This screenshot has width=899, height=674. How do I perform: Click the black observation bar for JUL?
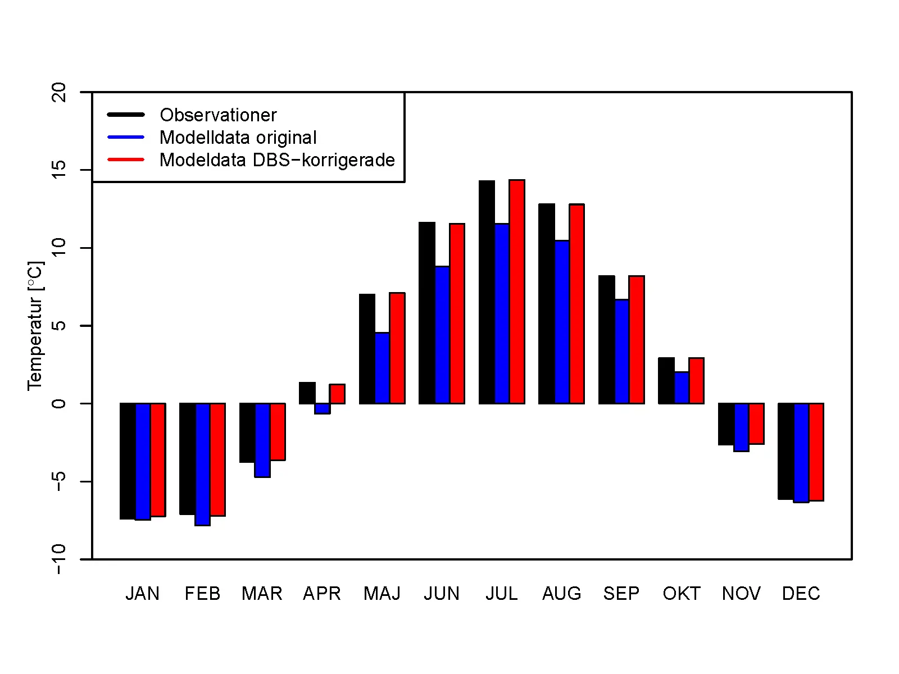pyautogui.click(x=487, y=292)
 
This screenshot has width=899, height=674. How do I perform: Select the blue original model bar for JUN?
pyautogui.click(x=442, y=335)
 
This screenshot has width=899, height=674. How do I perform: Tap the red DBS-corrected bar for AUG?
pyautogui.click(x=576, y=304)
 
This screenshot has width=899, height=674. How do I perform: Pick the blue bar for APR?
pyautogui.click(x=323, y=409)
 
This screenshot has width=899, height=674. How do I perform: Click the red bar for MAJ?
pyautogui.click(x=397, y=348)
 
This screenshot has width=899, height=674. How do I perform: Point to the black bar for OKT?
pyautogui.click(x=666, y=381)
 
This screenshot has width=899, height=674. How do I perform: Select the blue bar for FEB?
pyautogui.click(x=202, y=464)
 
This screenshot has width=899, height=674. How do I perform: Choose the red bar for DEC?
pyautogui.click(x=816, y=452)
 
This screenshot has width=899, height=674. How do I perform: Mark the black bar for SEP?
pyautogui.click(x=606, y=340)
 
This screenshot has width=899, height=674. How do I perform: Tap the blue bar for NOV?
pyautogui.click(x=741, y=427)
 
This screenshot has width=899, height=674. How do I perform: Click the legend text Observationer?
pyautogui.click(x=218, y=115)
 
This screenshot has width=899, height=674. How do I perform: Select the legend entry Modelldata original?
pyautogui.click(x=238, y=138)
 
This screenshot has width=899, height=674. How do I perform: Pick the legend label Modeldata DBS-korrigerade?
pyautogui.click(x=277, y=160)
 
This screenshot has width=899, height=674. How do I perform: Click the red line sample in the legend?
pyautogui.click(x=126, y=160)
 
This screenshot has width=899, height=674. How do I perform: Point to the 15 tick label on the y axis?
pyautogui.click(x=58, y=170)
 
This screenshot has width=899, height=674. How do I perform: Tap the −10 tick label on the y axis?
pyautogui.click(x=58, y=559)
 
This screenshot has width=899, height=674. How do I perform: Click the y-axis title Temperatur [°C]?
pyautogui.click(x=35, y=326)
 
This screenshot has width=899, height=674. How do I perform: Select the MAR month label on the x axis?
pyautogui.click(x=262, y=594)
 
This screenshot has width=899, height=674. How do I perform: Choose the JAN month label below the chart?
pyautogui.click(x=142, y=594)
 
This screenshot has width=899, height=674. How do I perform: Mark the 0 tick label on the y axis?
pyautogui.click(x=58, y=403)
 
